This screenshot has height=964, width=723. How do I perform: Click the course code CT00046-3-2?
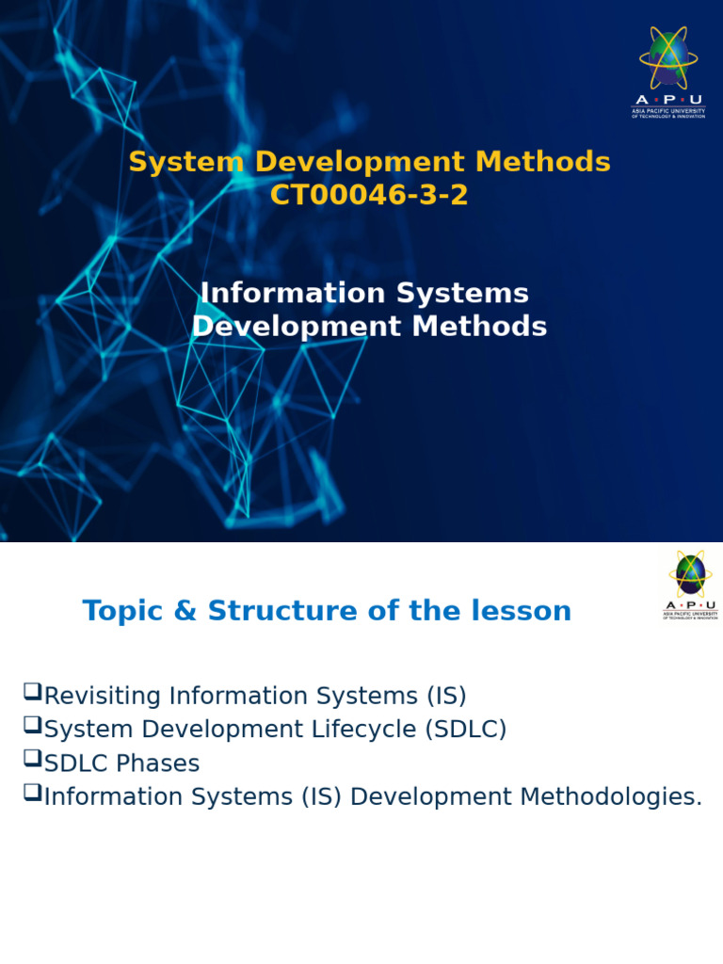[369, 196]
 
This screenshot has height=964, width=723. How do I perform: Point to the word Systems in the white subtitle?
[461, 293]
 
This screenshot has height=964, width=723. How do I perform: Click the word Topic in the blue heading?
[117, 611]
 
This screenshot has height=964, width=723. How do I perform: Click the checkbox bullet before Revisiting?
[32, 694]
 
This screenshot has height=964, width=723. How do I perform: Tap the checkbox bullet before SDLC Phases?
[32, 761]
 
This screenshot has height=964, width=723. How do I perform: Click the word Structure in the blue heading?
[273, 611]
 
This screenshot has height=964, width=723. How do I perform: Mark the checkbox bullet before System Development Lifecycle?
[32, 727]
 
